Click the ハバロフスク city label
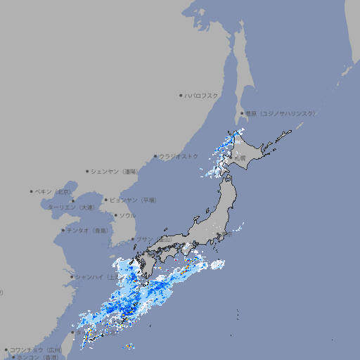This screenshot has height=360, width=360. [x=202, y=95]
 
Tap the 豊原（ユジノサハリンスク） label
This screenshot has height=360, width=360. [x=280, y=113]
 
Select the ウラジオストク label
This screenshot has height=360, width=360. [x=179, y=156]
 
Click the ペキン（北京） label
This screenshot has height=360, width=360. [x=54, y=191]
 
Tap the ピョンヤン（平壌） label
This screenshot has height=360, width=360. [x=133, y=200]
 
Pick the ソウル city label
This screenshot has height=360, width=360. [x=127, y=215]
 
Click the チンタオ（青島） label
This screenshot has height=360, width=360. [x=88, y=230]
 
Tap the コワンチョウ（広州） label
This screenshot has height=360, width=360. [x=36, y=349]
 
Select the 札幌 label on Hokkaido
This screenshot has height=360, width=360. [x=240, y=158]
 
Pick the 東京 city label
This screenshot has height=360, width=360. [x=226, y=235]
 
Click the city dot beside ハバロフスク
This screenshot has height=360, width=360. [x=181, y=95]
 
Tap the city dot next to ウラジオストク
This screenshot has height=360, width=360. [x=155, y=156]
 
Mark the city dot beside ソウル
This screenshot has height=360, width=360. [x=115, y=215]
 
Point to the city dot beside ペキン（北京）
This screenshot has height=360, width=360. [x=32, y=191]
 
